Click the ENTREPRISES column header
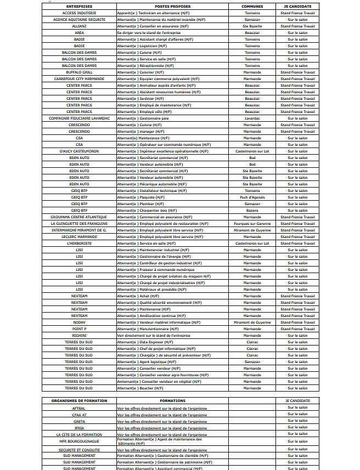pos(80,7)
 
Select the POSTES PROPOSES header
pos(170,7)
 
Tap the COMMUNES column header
pos(252,7)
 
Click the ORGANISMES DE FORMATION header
pos(79,401)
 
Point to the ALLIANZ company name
pos(80,26)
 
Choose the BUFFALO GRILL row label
pos(80,72)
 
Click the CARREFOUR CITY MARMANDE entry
pos(80,78)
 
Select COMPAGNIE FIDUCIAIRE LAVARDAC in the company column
pos(80,118)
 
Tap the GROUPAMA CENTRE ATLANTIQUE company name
pos(80,217)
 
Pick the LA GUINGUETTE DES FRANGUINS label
pos(80,223)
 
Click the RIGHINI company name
pos(80,335)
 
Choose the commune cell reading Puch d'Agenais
pos(252,197)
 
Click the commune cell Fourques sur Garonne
pos(252,223)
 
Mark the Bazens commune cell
pos(252,210)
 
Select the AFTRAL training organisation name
pos(79,408)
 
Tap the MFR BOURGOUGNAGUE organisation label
pos(79,441)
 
